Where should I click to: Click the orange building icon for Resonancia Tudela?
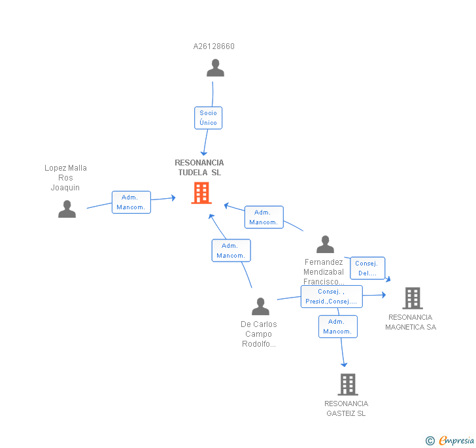(201, 193)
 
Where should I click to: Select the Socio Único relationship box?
(208, 118)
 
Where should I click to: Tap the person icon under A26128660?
(215, 68)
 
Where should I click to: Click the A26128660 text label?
(214, 46)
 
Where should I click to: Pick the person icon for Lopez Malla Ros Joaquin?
(67, 209)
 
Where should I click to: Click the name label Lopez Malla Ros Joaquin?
(65, 178)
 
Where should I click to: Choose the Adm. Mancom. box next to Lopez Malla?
(131, 202)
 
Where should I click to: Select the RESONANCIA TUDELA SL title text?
(199, 167)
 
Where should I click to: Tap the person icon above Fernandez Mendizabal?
(325, 244)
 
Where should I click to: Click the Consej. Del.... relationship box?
(367, 268)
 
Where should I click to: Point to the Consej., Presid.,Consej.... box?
(331, 296)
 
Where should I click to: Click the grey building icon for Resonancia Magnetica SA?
(413, 298)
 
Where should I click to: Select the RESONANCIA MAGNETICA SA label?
(411, 322)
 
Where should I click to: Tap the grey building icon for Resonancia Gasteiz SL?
(348, 385)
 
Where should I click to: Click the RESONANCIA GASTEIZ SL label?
(346, 409)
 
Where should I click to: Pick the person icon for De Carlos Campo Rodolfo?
(260, 306)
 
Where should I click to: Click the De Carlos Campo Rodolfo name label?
(259, 334)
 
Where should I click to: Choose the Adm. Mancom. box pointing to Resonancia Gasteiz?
(338, 326)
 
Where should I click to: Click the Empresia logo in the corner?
(450, 440)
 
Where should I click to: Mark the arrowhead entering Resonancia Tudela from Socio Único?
(204, 154)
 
